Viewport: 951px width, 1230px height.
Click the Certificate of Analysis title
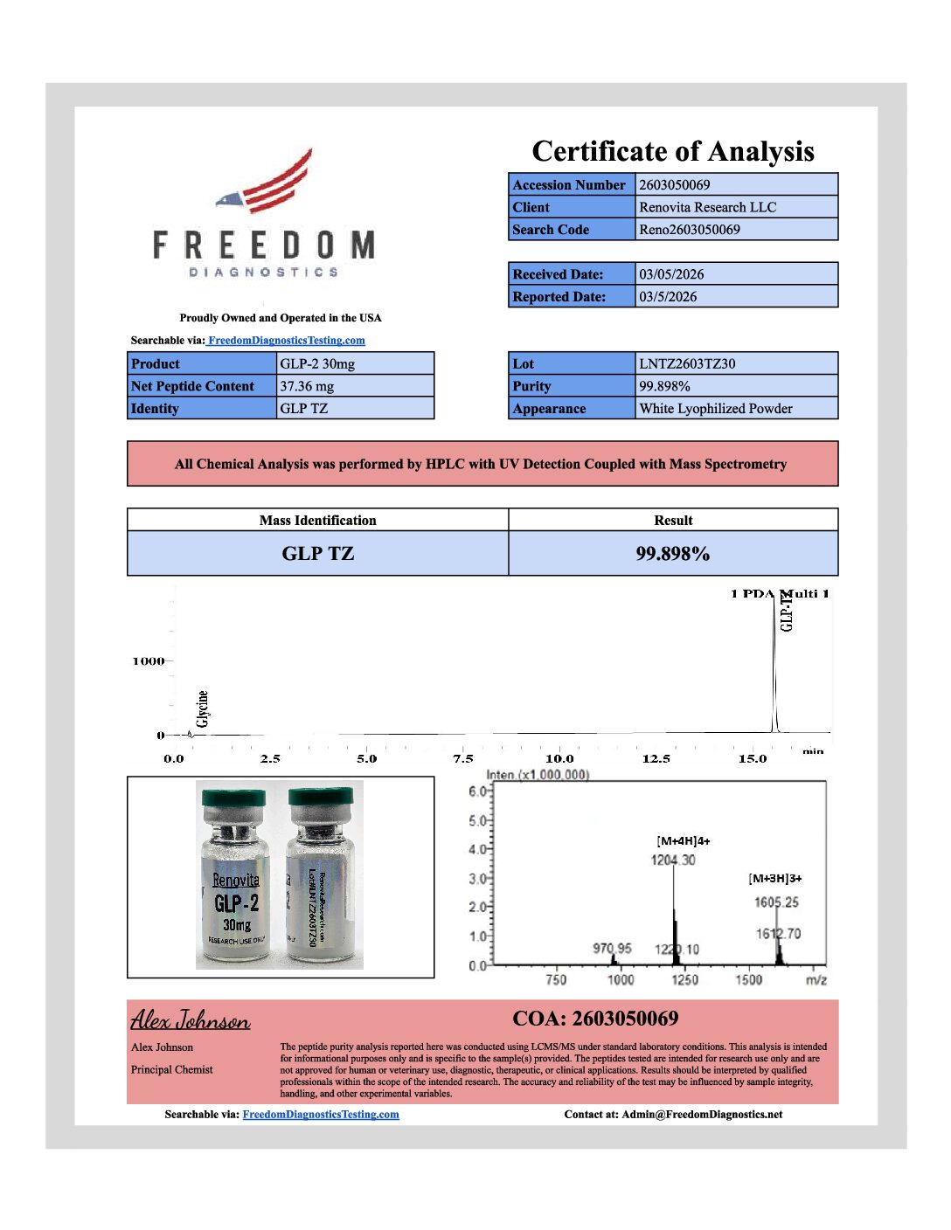point(672,151)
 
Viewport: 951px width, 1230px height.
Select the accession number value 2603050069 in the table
point(674,184)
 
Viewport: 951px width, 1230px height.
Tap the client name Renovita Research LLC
point(707,207)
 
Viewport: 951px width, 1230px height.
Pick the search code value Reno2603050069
point(689,230)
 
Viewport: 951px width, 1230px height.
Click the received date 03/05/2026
point(670,274)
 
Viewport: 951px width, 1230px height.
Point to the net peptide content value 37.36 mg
point(307,386)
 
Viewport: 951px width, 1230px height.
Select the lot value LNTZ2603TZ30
point(687,363)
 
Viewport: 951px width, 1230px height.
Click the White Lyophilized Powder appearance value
point(715,409)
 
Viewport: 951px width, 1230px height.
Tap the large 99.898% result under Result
point(672,554)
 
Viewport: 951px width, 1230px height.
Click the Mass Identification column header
point(317,521)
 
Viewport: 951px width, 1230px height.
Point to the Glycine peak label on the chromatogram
point(203,708)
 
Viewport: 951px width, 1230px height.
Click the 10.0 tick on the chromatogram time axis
point(559,758)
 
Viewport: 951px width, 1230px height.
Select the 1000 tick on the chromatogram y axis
point(149,661)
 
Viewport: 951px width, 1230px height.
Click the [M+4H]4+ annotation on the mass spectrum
point(683,841)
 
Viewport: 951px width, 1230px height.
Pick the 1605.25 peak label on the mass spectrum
point(776,902)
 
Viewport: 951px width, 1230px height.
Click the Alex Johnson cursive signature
point(190,1020)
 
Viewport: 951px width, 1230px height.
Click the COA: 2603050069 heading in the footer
point(594,1019)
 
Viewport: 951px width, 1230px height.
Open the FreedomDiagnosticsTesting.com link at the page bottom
point(320,1115)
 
